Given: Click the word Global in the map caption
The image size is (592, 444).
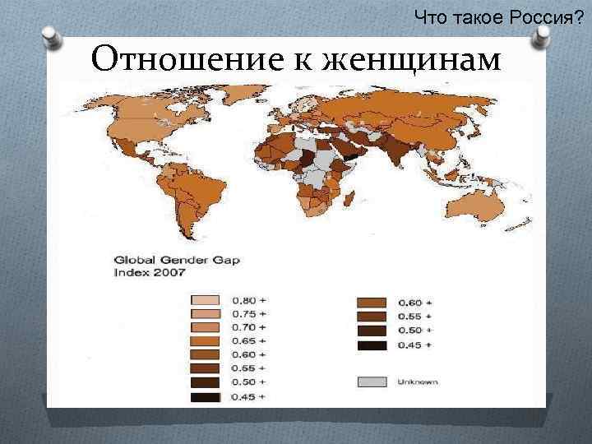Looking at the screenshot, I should (137, 257).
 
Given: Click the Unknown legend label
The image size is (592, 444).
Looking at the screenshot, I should (418, 382).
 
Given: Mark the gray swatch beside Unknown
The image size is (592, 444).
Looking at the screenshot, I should (372, 382).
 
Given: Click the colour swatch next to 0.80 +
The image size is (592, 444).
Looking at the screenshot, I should (206, 300).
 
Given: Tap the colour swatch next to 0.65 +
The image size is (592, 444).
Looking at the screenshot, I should (206, 340).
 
